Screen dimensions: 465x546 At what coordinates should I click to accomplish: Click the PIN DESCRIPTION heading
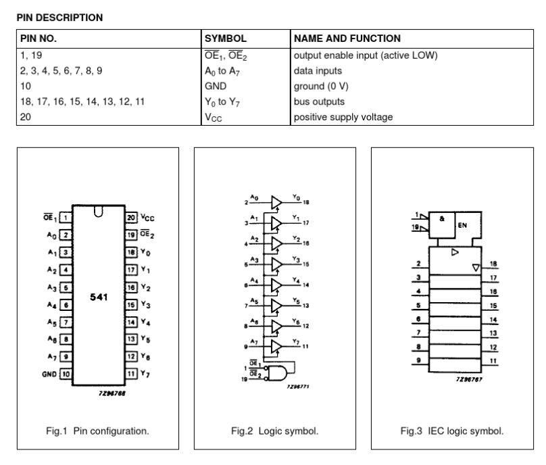[59, 18]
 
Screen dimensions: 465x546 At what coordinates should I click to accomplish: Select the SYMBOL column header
[226, 39]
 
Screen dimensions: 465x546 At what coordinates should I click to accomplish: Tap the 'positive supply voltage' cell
[342, 117]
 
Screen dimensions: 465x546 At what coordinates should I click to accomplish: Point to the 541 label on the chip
[98, 297]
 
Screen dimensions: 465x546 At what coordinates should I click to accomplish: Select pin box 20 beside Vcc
[130, 218]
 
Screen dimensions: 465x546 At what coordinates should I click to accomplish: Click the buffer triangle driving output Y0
[276, 201]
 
